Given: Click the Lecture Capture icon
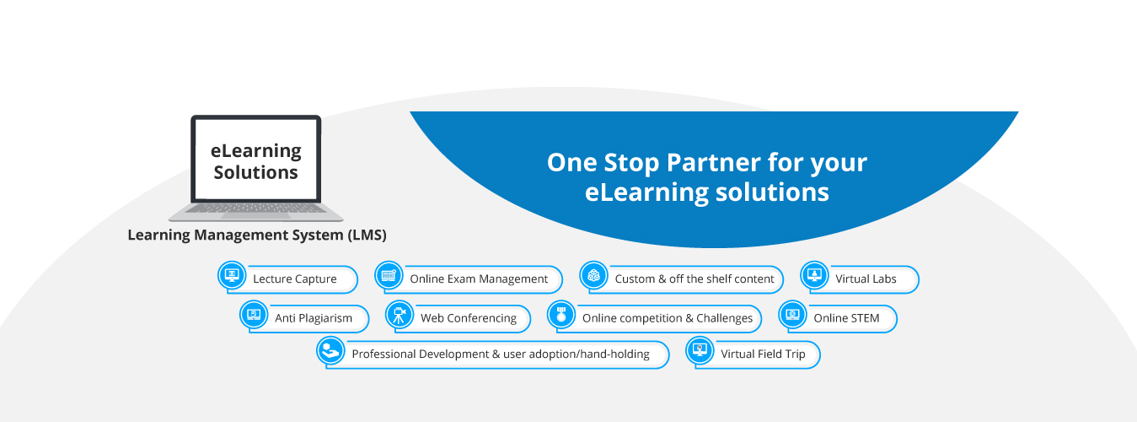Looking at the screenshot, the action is point(232,275).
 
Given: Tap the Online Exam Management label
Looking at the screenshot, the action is point(479,279).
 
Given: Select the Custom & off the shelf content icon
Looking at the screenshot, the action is point(594,275).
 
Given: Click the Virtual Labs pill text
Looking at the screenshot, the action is point(866,279).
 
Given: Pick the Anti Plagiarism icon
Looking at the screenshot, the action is point(254,314).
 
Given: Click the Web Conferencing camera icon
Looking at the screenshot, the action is point(400,314).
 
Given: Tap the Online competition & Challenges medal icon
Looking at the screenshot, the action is point(560,314).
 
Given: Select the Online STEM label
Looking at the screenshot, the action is point(846,318).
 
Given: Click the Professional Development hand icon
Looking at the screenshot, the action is point(331,350).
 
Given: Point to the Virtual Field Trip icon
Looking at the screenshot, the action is point(700,350).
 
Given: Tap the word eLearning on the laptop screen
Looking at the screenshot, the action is point(256,150).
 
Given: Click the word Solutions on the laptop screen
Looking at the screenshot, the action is point(256,172).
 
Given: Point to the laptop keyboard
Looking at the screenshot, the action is point(256,208).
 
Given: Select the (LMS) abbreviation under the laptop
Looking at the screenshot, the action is point(367,235).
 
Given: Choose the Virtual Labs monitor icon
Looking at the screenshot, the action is point(815,275).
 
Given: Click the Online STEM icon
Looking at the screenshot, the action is point(792,314).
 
